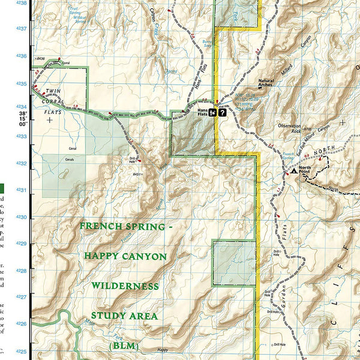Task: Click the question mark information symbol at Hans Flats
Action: click(223, 112)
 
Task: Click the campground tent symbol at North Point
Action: click(293, 171)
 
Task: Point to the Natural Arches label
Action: click(266, 83)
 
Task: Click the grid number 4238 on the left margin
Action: click(22, 3)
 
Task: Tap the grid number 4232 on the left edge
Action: click(22, 163)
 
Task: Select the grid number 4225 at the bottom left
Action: click(22, 351)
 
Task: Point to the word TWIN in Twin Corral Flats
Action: click(54, 91)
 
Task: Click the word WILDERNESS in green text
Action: click(125, 286)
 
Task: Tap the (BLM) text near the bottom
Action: click(124, 346)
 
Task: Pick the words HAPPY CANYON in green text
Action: click(125, 256)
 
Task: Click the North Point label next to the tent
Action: click(306, 170)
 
